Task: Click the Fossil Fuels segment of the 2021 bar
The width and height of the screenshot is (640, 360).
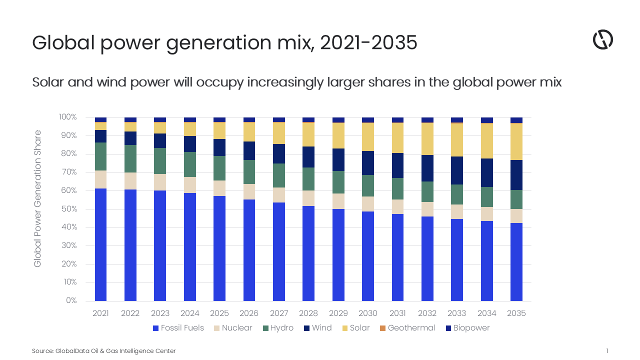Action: click(x=100, y=244)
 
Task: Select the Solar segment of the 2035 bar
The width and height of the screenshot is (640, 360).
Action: click(x=516, y=141)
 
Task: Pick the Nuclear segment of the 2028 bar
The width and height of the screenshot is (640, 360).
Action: click(x=308, y=198)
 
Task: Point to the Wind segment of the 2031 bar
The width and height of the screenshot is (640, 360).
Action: click(x=397, y=165)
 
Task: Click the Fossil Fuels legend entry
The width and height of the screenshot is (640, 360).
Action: click(x=178, y=328)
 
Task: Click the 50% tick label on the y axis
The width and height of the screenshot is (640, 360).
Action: click(x=69, y=209)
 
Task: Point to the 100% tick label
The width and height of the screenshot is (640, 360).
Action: click(x=68, y=117)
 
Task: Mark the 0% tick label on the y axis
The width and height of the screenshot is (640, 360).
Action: click(x=71, y=300)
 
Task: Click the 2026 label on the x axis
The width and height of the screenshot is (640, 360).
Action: click(x=249, y=313)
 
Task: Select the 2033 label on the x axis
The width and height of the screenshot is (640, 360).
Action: click(x=456, y=313)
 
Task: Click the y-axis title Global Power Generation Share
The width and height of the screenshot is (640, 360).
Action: click(x=38, y=198)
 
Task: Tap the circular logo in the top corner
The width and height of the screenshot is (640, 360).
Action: click(x=602, y=39)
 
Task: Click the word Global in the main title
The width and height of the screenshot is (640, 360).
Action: click(x=63, y=43)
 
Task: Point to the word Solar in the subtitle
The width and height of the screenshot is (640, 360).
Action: click(x=47, y=82)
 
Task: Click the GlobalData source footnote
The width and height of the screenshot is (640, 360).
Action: click(x=103, y=351)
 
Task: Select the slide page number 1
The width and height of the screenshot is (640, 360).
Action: click(x=607, y=351)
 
